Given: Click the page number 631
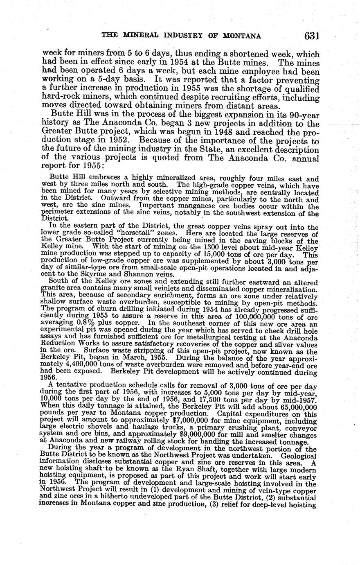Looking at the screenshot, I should coord(311,36).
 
